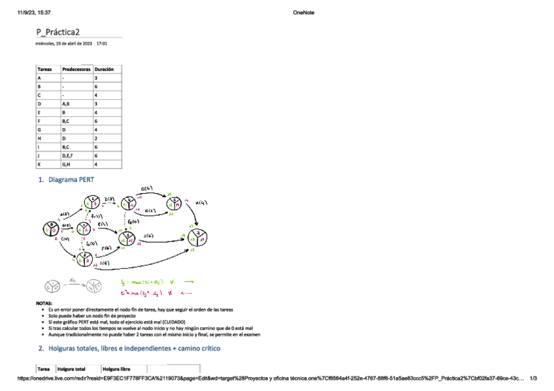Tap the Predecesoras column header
(76, 69)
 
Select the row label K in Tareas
(40, 164)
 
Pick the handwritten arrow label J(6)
(148, 235)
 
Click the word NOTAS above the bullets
(43, 304)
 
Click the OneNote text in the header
(304, 12)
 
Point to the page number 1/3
(533, 378)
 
